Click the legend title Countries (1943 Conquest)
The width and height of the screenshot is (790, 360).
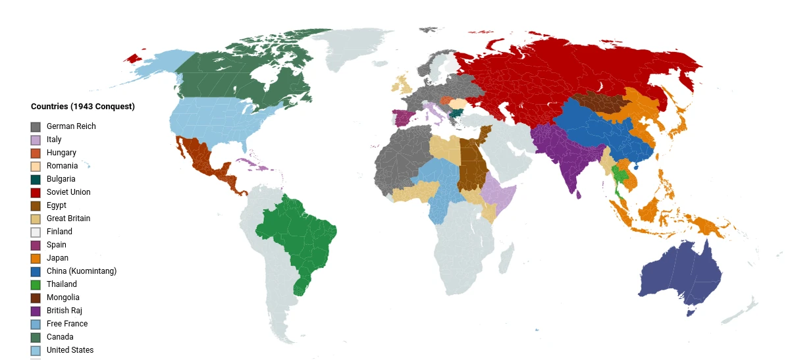(82, 107)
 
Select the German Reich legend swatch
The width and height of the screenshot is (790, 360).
(36, 126)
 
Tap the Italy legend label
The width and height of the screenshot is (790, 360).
(54, 140)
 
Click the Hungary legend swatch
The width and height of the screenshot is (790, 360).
(36, 153)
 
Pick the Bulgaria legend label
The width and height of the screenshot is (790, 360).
(61, 179)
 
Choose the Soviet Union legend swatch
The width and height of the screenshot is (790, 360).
(36, 192)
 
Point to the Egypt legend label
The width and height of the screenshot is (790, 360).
(57, 205)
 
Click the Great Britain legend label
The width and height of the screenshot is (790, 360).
(68, 219)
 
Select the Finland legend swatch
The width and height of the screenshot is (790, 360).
(36, 232)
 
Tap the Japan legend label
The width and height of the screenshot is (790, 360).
(57, 258)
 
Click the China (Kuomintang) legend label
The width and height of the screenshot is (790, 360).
(82, 271)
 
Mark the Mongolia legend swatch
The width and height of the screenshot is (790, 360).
(36, 297)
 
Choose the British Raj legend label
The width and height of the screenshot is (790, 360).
(65, 311)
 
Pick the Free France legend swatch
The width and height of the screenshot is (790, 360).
(36, 324)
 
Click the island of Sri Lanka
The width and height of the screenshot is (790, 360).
(579, 194)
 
